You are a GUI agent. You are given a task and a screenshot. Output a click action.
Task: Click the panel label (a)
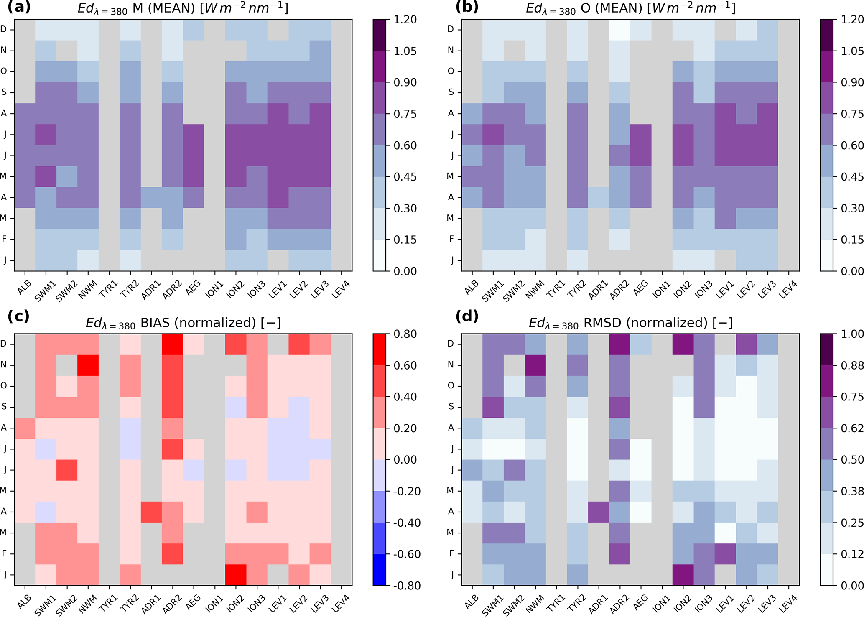click(19, 8)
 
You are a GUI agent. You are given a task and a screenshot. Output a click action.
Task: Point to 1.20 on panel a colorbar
click(405, 20)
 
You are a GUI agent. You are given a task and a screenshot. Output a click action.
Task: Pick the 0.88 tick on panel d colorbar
click(852, 365)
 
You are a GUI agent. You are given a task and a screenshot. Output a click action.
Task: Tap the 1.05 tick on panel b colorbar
click(852, 51)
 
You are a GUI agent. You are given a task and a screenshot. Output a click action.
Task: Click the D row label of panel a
click(4, 29)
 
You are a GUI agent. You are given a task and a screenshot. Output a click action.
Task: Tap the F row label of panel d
click(451, 553)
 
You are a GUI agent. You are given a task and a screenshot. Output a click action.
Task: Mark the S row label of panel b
click(451, 92)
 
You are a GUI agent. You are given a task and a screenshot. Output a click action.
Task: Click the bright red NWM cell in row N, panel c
click(88, 365)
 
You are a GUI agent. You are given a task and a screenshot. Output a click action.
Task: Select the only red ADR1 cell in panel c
click(151, 512)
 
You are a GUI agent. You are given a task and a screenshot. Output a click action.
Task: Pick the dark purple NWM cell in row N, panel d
click(535, 365)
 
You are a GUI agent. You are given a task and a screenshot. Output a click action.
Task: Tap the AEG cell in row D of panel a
click(194, 30)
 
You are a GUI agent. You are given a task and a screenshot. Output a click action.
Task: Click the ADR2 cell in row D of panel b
click(619, 30)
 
